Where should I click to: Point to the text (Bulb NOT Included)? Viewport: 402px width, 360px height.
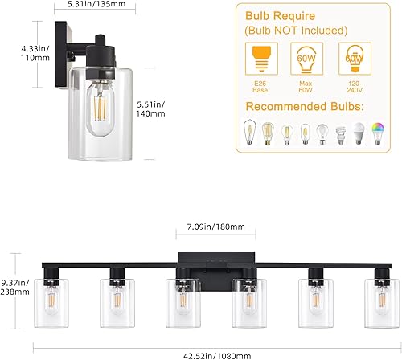[306, 32]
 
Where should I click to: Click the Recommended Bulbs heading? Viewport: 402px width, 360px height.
[306, 108]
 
